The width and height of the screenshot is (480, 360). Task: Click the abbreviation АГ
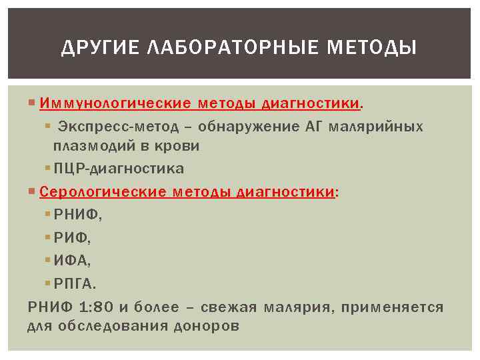point(311,127)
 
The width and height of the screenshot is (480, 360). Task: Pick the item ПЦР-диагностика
point(119,169)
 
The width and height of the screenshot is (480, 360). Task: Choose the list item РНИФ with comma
point(79,215)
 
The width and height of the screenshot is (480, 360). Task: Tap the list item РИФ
point(73,238)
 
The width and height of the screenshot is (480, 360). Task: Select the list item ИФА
point(73,261)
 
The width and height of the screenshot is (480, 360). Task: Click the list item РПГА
point(75,284)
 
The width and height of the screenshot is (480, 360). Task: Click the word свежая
point(233,307)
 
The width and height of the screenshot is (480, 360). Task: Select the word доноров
point(206,326)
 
